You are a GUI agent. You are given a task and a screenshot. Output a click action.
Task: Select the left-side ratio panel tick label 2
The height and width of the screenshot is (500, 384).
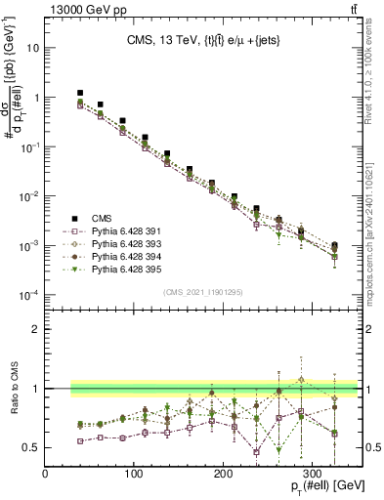tap(35, 328)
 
